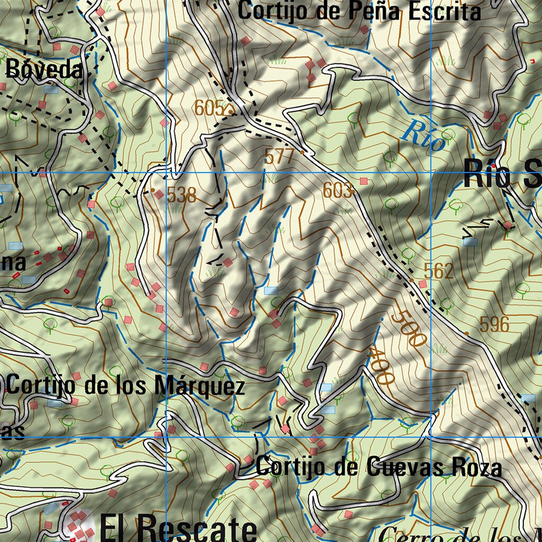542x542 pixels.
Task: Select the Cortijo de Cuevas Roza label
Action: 378,467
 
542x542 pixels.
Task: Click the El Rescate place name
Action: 177,529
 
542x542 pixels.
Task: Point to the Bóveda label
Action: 45,69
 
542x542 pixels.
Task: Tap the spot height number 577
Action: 279,156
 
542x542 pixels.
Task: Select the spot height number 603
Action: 337,191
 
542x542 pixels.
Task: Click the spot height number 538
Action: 181,195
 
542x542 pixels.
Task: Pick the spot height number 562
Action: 439,271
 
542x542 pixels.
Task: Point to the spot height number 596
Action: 494,324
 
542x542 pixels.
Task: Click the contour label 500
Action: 409,329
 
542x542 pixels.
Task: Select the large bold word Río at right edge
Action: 486,173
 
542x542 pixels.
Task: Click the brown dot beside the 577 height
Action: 302,152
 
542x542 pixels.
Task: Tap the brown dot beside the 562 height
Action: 411,279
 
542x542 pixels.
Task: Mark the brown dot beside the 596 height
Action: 466,333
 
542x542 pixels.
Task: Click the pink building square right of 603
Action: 363,181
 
